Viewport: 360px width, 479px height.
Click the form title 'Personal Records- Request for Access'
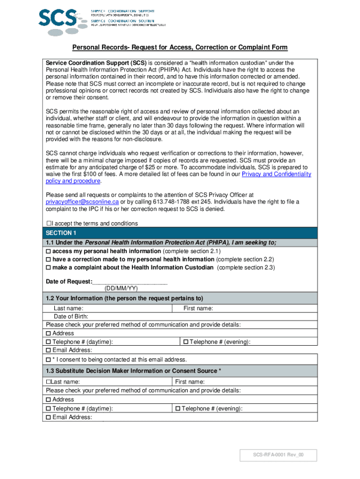[180, 48]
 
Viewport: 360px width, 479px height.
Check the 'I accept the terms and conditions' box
[49, 224]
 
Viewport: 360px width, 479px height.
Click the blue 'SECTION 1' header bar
[180, 233]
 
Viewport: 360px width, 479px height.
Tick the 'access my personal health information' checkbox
[48, 251]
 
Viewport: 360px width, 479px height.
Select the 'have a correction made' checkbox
[48, 260]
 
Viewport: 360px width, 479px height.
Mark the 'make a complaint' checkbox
[48, 268]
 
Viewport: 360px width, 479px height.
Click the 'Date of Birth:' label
[72, 317]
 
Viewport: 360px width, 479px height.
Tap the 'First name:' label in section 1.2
[198, 308]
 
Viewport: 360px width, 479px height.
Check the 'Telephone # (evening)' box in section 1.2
[186, 342]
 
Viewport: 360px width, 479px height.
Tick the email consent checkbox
[48, 360]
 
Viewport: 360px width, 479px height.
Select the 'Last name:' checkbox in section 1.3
[48, 382]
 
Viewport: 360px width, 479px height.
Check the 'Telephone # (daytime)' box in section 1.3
[48, 409]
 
